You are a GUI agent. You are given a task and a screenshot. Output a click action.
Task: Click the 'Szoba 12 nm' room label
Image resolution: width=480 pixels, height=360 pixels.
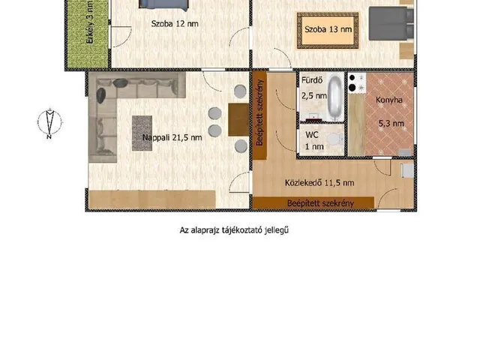[x=175, y=23]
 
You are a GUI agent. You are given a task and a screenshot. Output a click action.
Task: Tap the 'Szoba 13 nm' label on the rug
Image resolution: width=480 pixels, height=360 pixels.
[x=328, y=29]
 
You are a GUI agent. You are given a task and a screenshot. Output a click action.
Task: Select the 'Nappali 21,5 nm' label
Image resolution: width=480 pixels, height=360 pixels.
[x=172, y=137]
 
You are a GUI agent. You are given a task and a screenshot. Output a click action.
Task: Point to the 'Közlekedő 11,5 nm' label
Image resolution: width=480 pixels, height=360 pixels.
[x=319, y=183]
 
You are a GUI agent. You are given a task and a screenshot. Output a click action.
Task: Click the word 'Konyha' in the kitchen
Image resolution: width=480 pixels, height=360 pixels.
[x=389, y=100]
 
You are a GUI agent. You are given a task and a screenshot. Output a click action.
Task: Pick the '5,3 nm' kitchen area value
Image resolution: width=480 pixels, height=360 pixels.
[x=391, y=123]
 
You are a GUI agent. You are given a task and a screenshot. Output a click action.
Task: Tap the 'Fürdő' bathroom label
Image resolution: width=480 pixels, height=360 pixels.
[x=312, y=80]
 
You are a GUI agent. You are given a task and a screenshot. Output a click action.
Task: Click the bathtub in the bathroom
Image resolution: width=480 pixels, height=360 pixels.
[x=335, y=97]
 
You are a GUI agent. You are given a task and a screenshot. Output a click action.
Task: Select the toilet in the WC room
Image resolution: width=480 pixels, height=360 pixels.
[x=335, y=139]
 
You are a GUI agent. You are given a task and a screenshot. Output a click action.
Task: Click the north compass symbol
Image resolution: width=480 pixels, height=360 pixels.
[x=49, y=123]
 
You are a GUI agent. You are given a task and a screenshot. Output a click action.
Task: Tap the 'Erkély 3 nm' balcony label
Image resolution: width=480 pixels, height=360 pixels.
[x=90, y=22]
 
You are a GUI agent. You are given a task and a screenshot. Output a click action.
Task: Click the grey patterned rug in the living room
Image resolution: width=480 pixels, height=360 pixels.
[x=142, y=133]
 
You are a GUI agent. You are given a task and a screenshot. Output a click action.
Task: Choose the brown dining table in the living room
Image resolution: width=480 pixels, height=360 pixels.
[x=238, y=120]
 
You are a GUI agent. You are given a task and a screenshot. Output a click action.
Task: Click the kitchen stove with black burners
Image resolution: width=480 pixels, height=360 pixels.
[x=357, y=82]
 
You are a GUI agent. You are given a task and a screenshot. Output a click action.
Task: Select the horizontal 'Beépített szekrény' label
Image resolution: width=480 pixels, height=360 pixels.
[x=320, y=203]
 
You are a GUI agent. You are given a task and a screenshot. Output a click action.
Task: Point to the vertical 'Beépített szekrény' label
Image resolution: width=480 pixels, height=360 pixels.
[x=260, y=112]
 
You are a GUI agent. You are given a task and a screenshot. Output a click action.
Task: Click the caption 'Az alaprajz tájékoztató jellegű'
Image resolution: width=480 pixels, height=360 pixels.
[x=234, y=230]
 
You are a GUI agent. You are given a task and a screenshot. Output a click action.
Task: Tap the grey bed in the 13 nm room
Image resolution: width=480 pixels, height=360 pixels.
[x=391, y=23]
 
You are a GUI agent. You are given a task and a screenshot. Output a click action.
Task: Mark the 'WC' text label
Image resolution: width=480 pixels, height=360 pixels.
[x=312, y=135]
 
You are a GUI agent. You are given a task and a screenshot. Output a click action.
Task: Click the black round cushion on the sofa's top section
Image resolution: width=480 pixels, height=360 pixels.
[x=120, y=82]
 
